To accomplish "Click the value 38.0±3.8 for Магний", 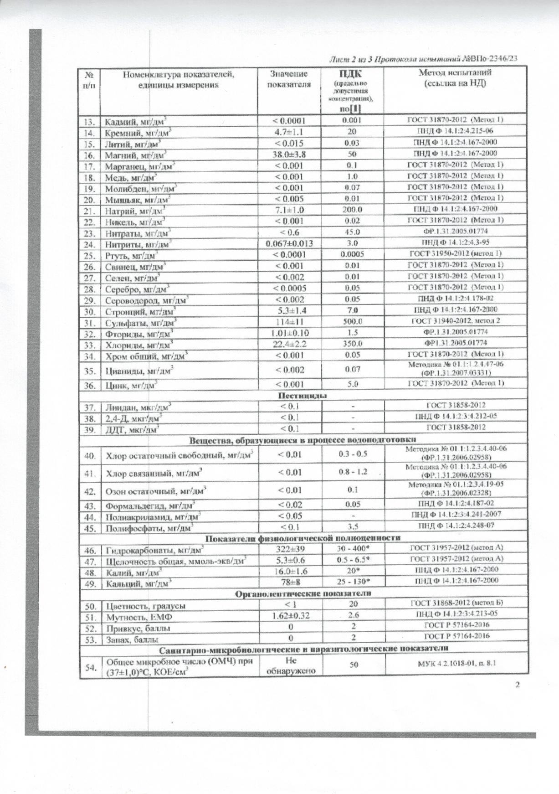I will pyautogui.click(x=289, y=154).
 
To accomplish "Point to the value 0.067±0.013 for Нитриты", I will pyautogui.click(x=289, y=243).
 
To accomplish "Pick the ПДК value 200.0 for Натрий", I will pyautogui.click(x=352, y=210).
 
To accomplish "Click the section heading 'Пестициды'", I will pyautogui.click(x=303, y=395).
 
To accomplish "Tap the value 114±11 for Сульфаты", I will pyautogui.click(x=289, y=322).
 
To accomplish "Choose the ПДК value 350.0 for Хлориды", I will pyautogui.click(x=353, y=344).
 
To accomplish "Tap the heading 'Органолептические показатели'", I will pyautogui.click(x=303, y=593).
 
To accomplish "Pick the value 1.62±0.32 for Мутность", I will pyautogui.click(x=290, y=616).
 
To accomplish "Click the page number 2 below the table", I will pyautogui.click(x=517, y=685).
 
